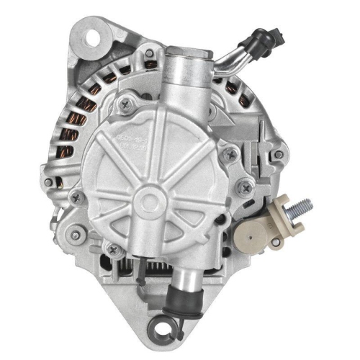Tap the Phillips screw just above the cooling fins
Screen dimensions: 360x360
pyautogui.click(x=112, y=248)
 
